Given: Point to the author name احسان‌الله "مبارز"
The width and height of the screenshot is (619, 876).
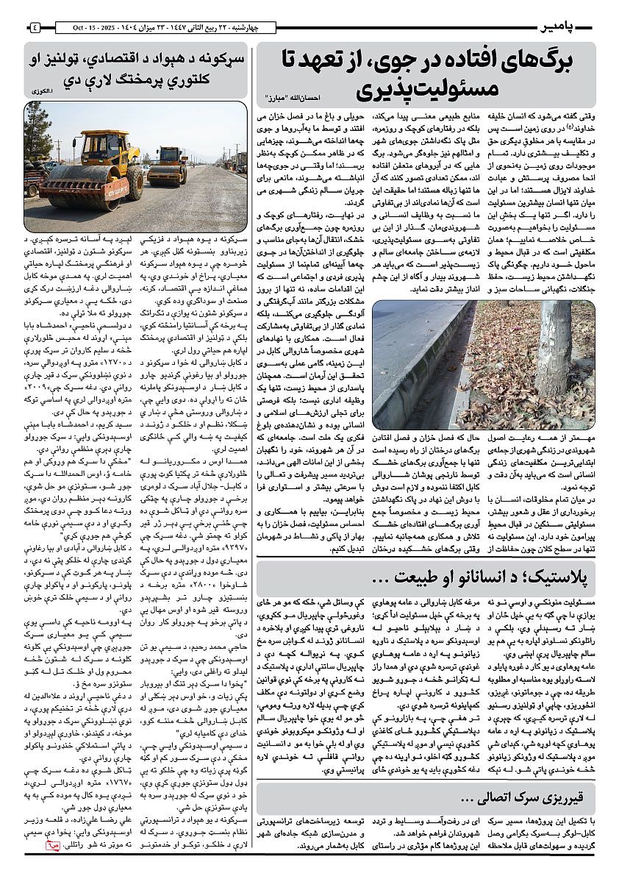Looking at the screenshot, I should [x=295, y=97].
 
